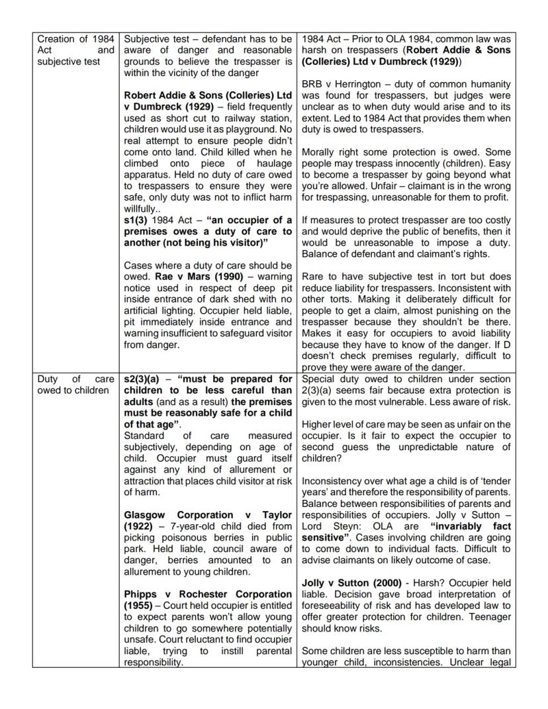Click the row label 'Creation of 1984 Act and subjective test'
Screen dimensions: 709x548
tap(75, 50)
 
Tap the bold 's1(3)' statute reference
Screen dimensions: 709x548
tap(135, 220)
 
